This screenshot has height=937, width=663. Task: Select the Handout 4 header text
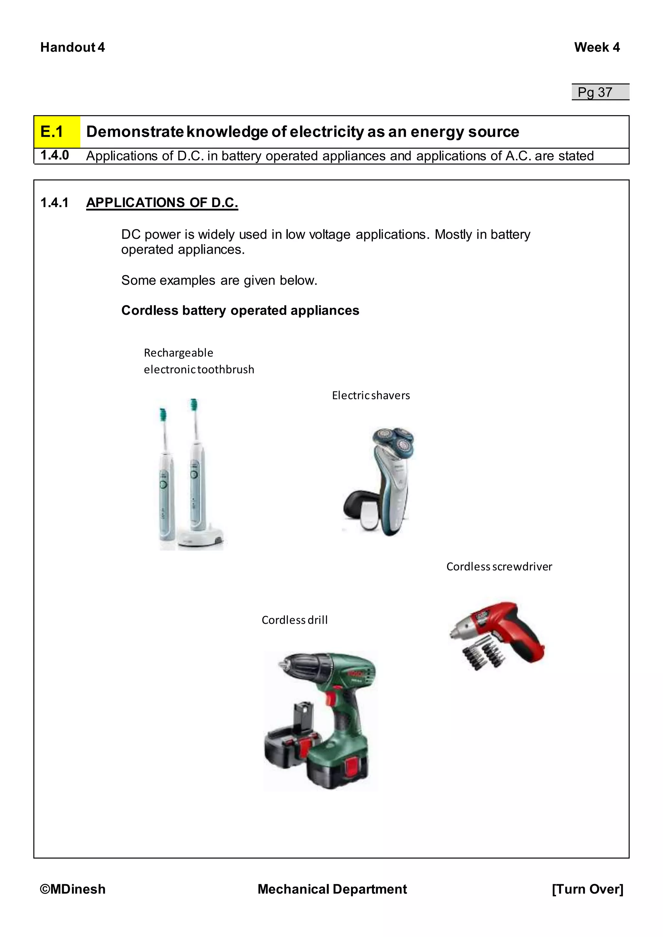[73, 47]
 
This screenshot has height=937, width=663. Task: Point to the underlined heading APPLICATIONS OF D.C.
[162, 203]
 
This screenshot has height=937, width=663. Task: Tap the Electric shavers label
[371, 395]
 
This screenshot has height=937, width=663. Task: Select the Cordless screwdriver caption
[499, 567]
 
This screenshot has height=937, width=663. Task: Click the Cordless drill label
[294, 620]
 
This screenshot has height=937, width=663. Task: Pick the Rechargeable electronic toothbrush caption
[199, 361]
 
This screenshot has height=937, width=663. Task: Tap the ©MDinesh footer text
[73, 889]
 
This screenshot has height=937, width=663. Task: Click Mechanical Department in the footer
[332, 889]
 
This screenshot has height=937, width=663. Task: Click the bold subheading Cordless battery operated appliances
[240, 310]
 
